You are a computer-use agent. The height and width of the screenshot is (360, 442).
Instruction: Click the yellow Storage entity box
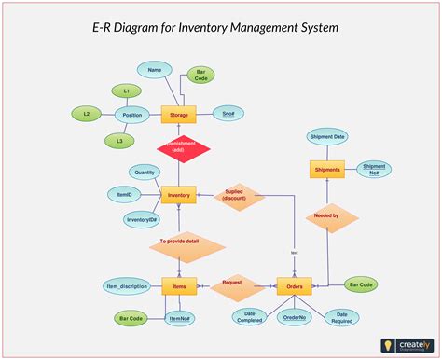coord(178,115)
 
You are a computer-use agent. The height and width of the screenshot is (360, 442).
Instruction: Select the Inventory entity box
coord(178,196)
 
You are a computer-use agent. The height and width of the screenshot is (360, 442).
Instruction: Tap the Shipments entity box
coord(326,170)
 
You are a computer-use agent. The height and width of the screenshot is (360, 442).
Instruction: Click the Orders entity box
coord(295,286)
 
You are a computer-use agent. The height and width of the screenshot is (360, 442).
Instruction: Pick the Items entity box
coord(178,286)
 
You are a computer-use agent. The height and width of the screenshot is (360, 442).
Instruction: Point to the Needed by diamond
coord(328,216)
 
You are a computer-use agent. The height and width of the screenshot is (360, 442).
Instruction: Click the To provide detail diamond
coord(187,244)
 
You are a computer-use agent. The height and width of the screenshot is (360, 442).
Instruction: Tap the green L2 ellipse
coord(86,114)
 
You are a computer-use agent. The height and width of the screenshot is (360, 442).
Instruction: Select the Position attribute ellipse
coord(131,116)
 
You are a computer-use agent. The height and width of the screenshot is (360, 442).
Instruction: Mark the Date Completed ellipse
coord(249,317)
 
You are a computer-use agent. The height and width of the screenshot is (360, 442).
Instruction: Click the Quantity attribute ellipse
coord(145,172)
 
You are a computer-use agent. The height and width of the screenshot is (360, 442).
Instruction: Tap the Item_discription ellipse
coord(125,286)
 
